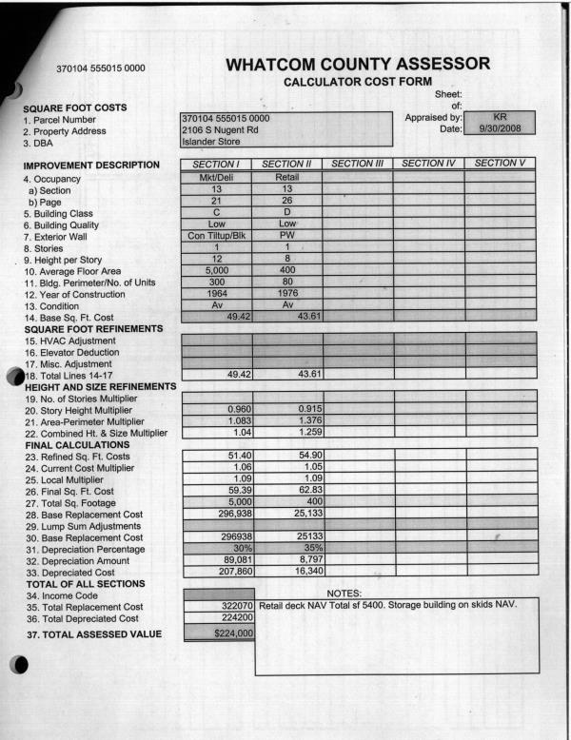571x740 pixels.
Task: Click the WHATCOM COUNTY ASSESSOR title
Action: [359, 65]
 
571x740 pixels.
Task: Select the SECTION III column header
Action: [358, 165]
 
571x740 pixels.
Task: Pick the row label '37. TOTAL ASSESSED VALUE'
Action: [92, 634]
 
